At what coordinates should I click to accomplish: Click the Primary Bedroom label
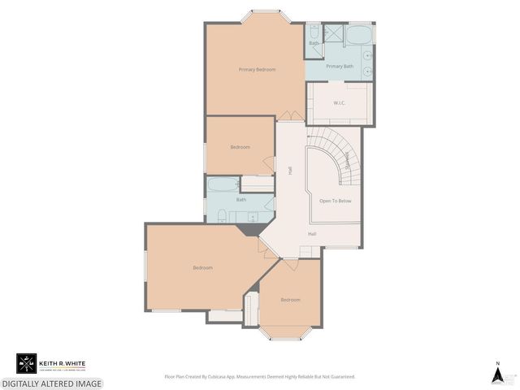pyautogui.click(x=257, y=70)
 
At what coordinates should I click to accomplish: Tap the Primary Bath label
pyautogui.click(x=340, y=67)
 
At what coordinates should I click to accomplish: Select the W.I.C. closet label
pyautogui.click(x=340, y=103)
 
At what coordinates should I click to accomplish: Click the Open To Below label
pyautogui.click(x=335, y=200)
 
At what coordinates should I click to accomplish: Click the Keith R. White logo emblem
pyautogui.click(x=27, y=364)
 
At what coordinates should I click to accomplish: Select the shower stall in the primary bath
pyautogui.click(x=333, y=34)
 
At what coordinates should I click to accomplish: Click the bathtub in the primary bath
pyautogui.click(x=358, y=34)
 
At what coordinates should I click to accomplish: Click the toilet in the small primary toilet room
pyautogui.click(x=314, y=32)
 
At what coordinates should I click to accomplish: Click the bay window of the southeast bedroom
pyautogui.click(x=290, y=334)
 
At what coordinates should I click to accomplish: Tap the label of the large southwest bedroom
pyautogui.click(x=202, y=268)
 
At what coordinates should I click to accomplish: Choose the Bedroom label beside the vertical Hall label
pyautogui.click(x=240, y=147)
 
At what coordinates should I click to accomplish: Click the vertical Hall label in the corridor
pyautogui.click(x=290, y=171)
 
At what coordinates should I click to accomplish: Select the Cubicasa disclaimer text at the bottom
pyautogui.click(x=260, y=377)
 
